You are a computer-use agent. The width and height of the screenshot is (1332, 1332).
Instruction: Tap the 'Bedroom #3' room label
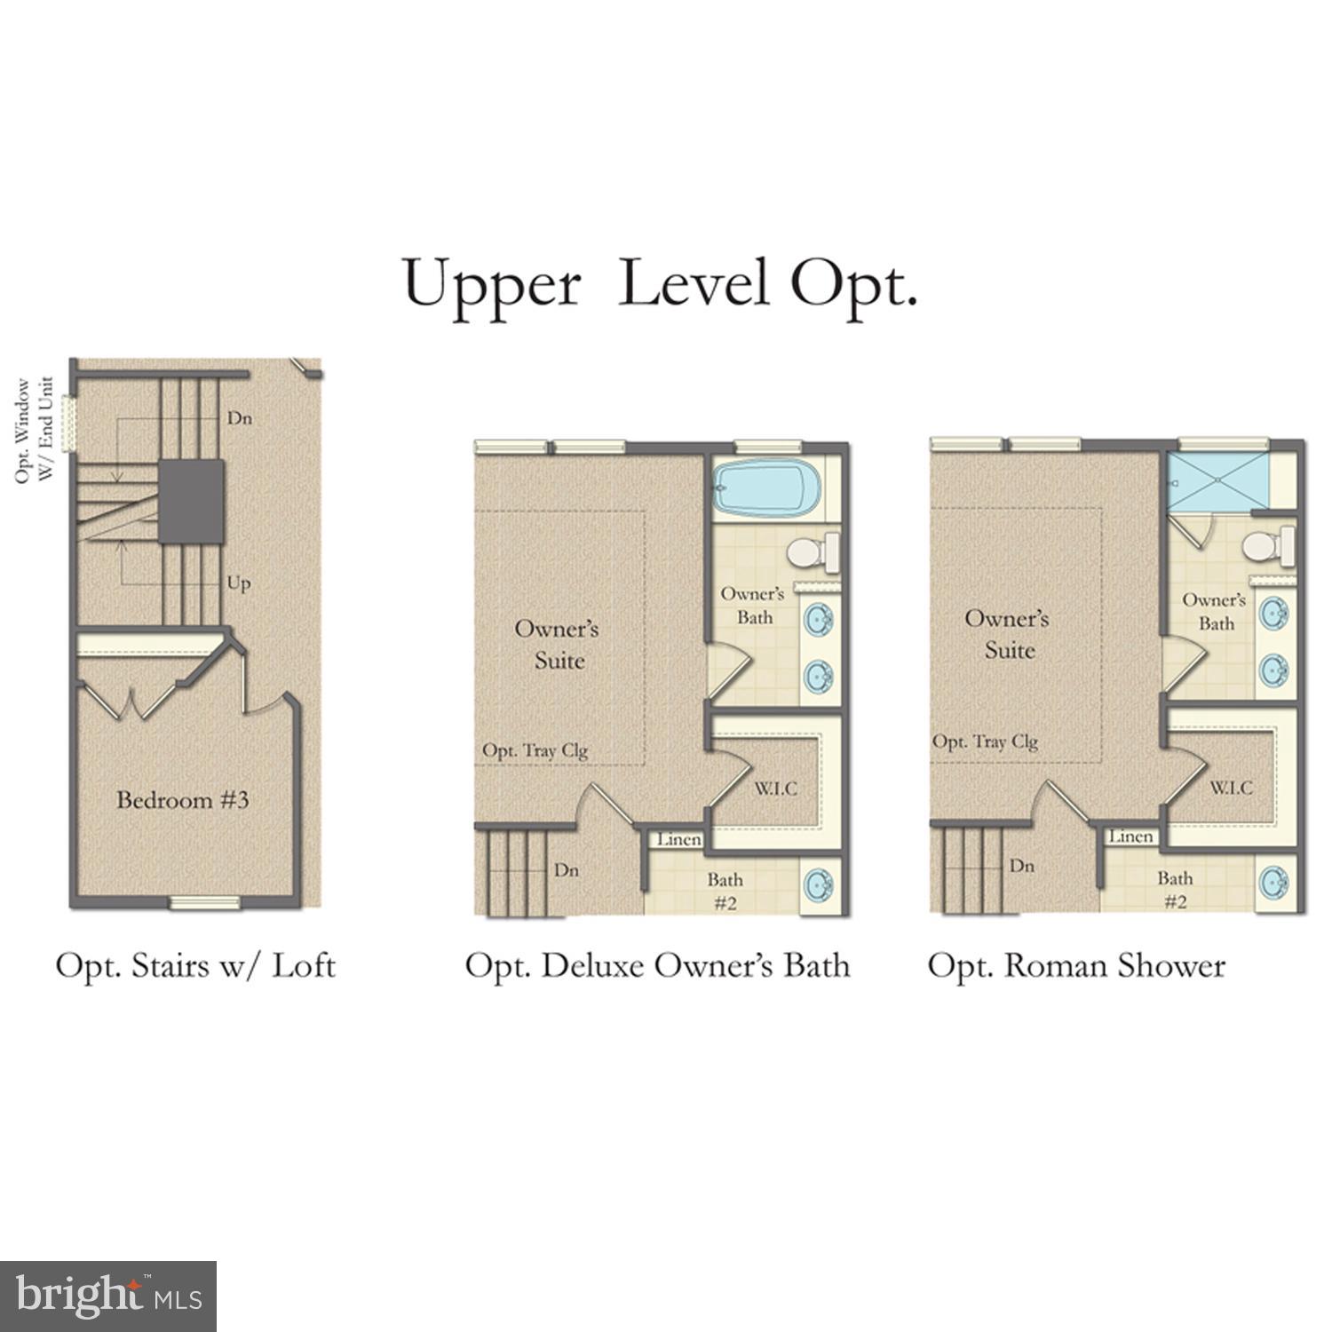tap(183, 800)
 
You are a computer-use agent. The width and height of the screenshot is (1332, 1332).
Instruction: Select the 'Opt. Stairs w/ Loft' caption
tap(195, 965)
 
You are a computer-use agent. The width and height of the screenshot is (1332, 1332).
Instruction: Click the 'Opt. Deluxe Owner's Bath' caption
tap(657, 965)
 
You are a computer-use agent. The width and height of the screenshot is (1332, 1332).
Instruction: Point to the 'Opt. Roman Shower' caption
tap(1076, 965)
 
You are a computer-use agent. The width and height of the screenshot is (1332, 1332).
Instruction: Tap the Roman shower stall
tap(1217, 482)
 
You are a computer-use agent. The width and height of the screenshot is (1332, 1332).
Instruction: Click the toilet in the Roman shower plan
tap(1268, 545)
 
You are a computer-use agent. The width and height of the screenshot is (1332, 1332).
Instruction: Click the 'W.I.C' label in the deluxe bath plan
tap(776, 789)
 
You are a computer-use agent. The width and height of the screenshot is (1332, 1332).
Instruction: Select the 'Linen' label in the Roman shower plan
tap(1130, 836)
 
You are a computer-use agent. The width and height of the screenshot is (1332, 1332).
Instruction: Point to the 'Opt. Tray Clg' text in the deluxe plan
tap(535, 751)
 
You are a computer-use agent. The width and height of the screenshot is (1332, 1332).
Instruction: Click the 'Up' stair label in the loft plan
tap(239, 584)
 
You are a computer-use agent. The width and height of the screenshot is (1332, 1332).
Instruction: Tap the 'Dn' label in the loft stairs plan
tap(240, 417)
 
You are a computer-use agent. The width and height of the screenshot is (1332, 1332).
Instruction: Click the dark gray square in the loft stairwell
tap(191, 501)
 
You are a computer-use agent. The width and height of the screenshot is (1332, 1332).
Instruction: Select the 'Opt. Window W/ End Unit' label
tap(35, 431)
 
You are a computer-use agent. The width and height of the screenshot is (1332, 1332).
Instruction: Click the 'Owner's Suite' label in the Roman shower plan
tap(1008, 634)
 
